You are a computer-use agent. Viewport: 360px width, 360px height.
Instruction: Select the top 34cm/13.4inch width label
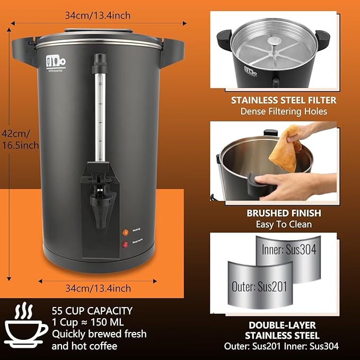tap(98, 15)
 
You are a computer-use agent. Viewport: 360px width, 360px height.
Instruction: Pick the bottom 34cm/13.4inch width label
tap(98, 288)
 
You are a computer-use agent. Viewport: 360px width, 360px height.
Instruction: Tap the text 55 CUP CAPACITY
tap(92, 311)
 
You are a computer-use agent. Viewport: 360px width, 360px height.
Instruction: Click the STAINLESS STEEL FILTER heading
tap(283, 100)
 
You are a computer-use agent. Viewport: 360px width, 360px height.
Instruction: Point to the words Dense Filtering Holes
tap(283, 111)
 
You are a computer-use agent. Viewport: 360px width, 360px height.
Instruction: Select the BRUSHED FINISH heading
tap(283, 213)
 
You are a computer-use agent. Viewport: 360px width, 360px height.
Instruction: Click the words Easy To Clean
tap(283, 225)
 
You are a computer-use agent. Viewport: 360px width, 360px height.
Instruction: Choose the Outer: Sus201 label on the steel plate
tap(259, 286)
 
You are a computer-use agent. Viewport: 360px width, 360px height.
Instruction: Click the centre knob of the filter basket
tap(273, 41)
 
